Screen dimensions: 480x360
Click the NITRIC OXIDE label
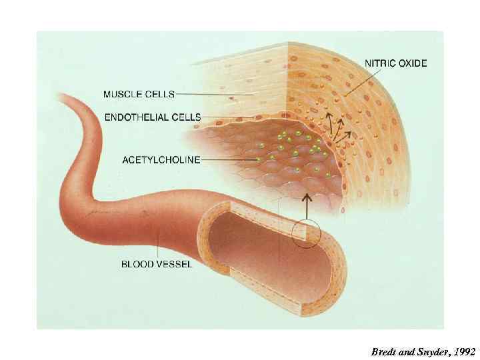point(396,63)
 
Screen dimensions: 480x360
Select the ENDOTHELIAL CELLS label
point(151,117)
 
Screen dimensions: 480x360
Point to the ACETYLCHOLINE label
point(161,159)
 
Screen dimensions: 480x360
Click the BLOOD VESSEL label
point(156,264)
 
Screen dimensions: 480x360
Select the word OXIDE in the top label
point(413,63)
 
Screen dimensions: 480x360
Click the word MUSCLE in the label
point(122,94)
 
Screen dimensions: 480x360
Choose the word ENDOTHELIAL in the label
point(138,117)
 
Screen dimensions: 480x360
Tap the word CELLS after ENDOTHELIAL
point(187,117)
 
